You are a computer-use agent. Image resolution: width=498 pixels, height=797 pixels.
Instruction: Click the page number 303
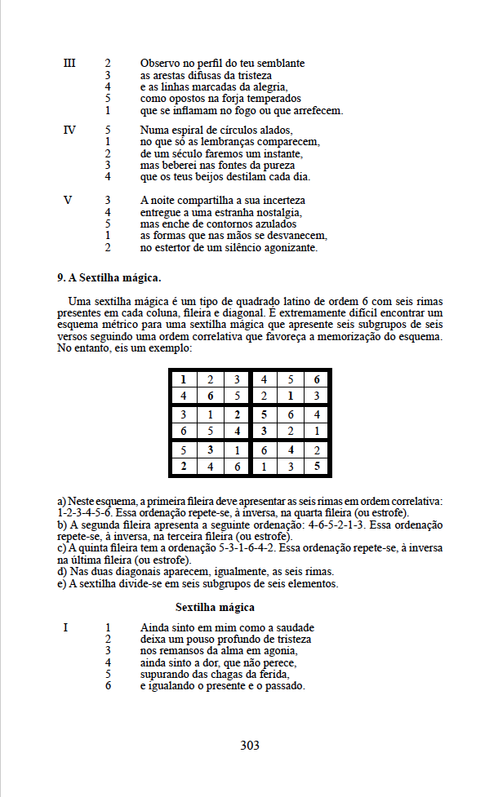pyautogui.click(x=250, y=745)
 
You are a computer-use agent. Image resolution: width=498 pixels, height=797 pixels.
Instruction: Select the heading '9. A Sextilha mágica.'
pyautogui.click(x=109, y=278)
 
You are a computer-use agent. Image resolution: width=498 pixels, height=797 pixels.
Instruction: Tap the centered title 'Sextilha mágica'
pyautogui.click(x=215, y=607)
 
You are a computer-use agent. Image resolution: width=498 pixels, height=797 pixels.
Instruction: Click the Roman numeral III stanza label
pyautogui.click(x=69, y=63)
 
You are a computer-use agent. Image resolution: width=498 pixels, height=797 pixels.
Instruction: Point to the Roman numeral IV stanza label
pyautogui.click(x=69, y=130)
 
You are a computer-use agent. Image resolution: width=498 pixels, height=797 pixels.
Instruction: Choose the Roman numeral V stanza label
pyautogui.click(x=69, y=200)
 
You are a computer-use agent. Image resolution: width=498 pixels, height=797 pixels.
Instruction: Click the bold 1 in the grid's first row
pyautogui.click(x=184, y=379)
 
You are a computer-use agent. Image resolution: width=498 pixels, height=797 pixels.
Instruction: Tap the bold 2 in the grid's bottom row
pyautogui.click(x=184, y=467)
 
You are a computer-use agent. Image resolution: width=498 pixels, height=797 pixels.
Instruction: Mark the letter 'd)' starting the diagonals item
pyautogui.click(x=61, y=573)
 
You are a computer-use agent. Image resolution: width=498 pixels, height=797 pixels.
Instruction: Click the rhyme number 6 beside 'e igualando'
pyautogui.click(x=108, y=685)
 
